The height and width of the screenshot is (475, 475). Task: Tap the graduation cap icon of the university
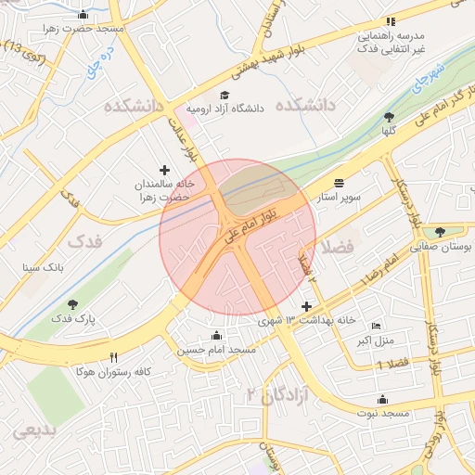click(x=224, y=95)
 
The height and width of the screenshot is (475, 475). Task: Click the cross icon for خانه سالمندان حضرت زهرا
click(x=165, y=170)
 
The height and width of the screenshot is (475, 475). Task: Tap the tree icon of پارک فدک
click(x=72, y=304)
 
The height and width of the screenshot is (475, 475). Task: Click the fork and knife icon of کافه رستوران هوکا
click(x=113, y=357)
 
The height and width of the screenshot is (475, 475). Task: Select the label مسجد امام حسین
click(x=216, y=350)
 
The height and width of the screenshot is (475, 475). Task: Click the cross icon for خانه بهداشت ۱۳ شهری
click(x=307, y=306)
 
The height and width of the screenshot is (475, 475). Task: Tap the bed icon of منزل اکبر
click(x=376, y=327)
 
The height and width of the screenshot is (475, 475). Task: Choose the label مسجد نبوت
click(x=381, y=412)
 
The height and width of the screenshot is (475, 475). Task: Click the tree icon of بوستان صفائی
click(x=439, y=232)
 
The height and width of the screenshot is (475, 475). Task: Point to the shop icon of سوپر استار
click(x=339, y=183)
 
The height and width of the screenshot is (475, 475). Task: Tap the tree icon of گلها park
click(x=388, y=117)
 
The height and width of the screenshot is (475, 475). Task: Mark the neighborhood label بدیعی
click(x=32, y=431)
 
